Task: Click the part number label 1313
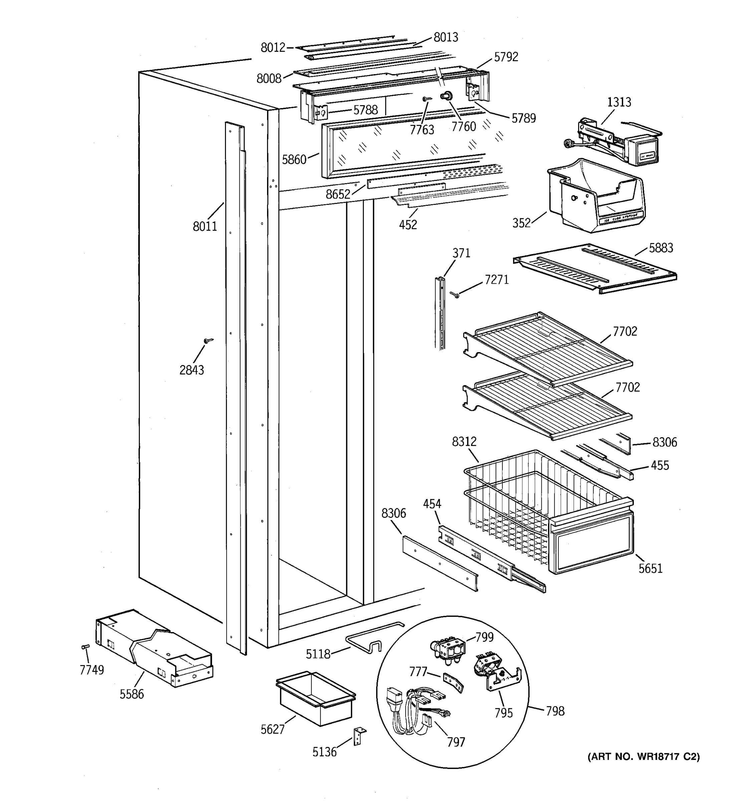click(x=619, y=102)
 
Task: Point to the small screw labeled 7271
click(x=455, y=295)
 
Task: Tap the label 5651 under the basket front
click(x=650, y=568)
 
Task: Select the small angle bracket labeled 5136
click(x=358, y=736)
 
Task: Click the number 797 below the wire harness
click(x=456, y=742)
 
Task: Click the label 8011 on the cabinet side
click(x=205, y=226)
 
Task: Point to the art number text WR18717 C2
click(x=644, y=757)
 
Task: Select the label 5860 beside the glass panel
click(x=294, y=160)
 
